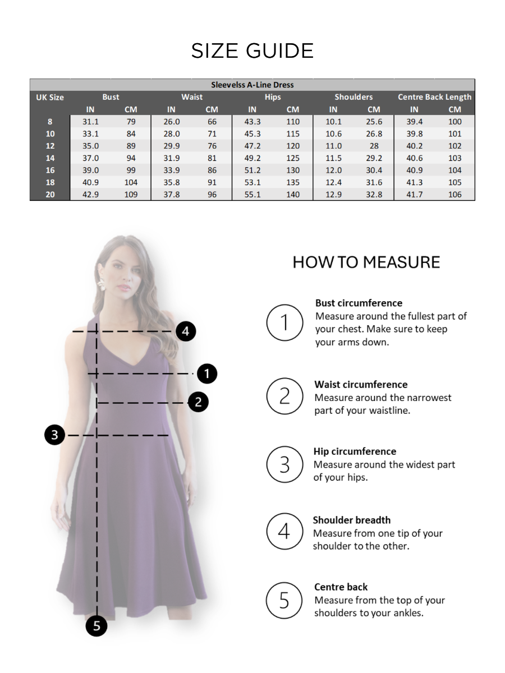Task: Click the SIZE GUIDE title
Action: click(252, 51)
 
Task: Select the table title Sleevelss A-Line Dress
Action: click(252, 85)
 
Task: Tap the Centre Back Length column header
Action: click(434, 97)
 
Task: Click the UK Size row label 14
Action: click(50, 158)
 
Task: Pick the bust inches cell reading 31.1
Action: click(90, 122)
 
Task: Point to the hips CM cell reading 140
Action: click(293, 195)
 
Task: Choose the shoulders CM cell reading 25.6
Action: click(374, 122)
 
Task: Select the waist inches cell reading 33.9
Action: click(171, 170)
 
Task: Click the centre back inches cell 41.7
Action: click(414, 195)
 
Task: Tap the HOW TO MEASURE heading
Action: click(366, 262)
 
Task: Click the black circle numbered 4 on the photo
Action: click(186, 331)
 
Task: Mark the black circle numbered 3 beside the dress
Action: click(54, 435)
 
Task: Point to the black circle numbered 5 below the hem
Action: click(97, 626)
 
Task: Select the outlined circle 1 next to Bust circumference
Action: click(284, 322)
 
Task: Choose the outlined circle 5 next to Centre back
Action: click(284, 601)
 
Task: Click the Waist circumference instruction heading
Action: click(361, 385)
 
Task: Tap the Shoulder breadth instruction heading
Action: click(351, 520)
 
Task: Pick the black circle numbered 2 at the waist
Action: click(198, 402)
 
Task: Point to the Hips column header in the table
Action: click(273, 97)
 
